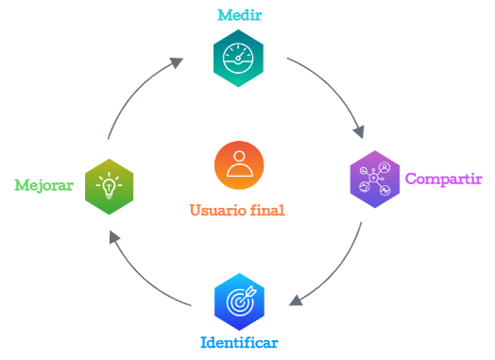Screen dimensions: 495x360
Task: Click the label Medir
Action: coord(240,15)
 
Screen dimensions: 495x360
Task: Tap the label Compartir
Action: coord(444,179)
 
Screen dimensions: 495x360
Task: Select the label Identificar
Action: coord(239,343)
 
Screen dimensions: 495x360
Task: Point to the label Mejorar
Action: coord(43,185)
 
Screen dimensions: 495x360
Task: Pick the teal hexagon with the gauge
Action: coord(238,58)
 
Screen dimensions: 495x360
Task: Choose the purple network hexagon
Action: coord(375,180)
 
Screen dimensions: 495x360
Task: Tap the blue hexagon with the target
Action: coord(239,302)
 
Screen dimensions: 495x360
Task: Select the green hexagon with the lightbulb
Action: coord(110,187)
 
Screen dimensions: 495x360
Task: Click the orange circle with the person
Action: coord(239,165)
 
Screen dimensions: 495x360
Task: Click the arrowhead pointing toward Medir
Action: coord(176,62)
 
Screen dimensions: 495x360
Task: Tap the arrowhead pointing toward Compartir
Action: coord(359,131)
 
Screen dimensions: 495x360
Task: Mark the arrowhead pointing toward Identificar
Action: coord(296,300)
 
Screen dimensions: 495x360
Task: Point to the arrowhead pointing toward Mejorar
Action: coord(114,237)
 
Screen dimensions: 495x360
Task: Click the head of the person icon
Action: coord(239,156)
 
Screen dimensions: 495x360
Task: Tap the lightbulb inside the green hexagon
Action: coord(110,188)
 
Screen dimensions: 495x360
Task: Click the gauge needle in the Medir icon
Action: coord(241,56)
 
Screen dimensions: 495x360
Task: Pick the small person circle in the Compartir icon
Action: coord(384,167)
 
